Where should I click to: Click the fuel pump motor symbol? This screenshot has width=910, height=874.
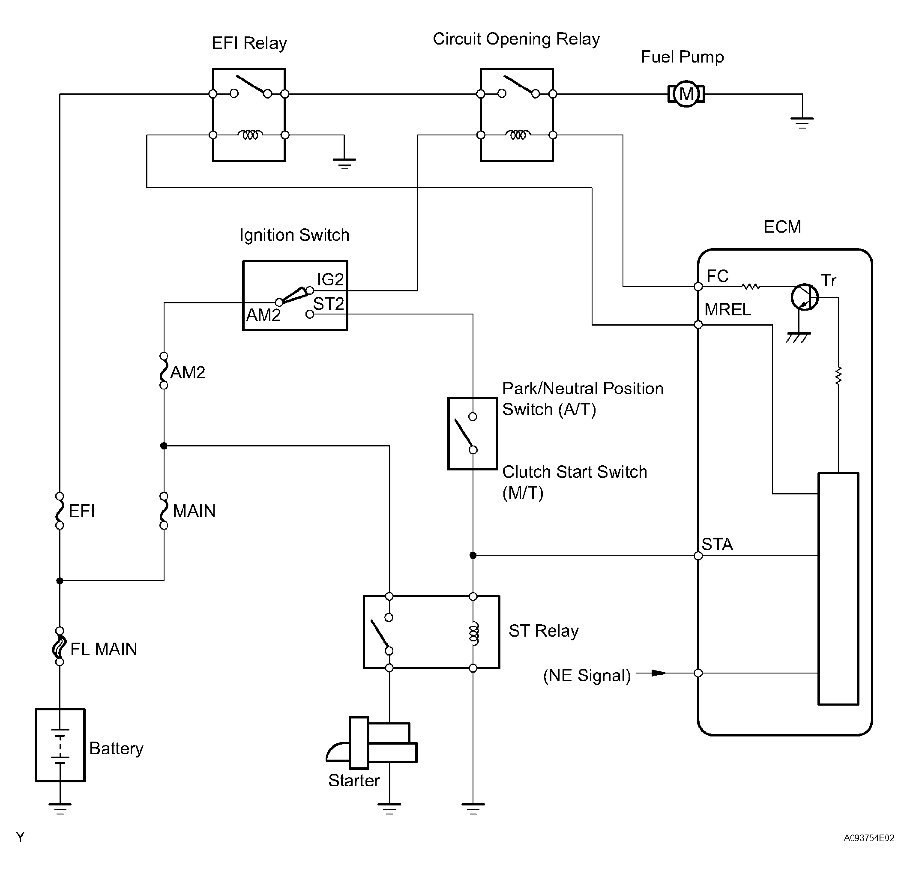686,94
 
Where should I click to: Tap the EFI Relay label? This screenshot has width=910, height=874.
249,43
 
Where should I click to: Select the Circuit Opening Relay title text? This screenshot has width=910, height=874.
516,39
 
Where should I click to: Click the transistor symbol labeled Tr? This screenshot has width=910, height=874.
805,297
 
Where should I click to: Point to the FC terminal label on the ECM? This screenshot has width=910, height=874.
717,276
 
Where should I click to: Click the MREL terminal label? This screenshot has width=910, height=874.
727,309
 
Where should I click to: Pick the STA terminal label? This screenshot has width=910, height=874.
717,544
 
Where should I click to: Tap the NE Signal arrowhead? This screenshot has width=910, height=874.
659,673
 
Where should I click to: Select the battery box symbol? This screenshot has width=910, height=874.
60,745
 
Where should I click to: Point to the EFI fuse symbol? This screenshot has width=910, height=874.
60,511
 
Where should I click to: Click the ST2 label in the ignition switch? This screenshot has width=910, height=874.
328,304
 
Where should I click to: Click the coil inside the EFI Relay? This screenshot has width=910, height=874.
250,135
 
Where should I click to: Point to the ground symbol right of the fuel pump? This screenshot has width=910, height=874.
802,122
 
